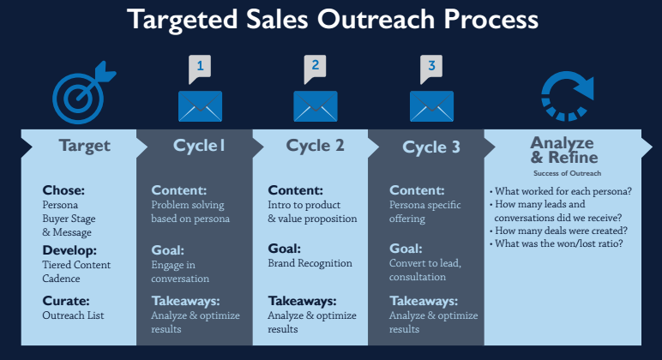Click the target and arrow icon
(81, 95)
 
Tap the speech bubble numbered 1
(200, 68)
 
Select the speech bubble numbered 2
(315, 68)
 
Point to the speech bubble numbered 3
(431, 68)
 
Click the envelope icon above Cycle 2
(316, 106)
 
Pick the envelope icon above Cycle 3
(431, 106)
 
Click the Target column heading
(85, 146)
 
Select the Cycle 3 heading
(431, 147)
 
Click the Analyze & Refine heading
(563, 150)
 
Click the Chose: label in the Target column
(63, 190)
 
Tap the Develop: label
(69, 250)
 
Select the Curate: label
(66, 301)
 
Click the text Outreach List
(73, 315)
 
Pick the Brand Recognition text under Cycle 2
(310, 263)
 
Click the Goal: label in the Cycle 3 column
(406, 249)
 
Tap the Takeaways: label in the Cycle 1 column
(186, 301)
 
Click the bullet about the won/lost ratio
(556, 243)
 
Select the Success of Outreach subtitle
(567, 173)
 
